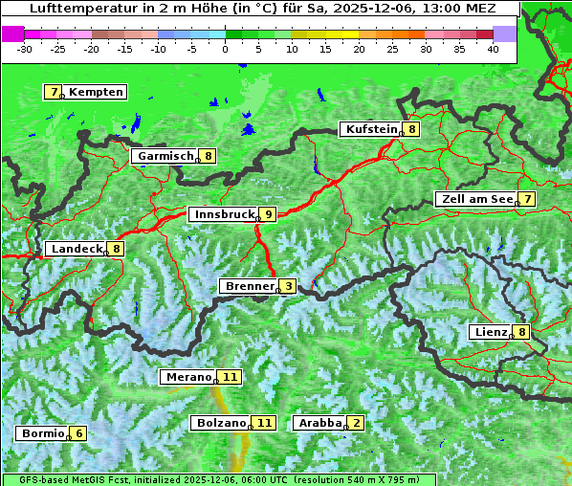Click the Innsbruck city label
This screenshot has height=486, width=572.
tap(222, 214)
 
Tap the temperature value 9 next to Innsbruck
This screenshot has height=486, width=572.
tap(269, 214)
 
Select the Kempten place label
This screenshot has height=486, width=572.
tap(97, 92)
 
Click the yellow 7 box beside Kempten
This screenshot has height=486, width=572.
tap(53, 92)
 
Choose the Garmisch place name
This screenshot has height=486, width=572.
tap(164, 156)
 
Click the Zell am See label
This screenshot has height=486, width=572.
tap(474, 199)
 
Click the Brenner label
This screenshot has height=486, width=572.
tap(249, 286)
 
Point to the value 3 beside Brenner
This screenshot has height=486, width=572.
tap(288, 286)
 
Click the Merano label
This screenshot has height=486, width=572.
tap(187, 377)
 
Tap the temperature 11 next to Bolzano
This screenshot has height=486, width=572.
tap(265, 422)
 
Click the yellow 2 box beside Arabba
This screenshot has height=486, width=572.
tap(356, 422)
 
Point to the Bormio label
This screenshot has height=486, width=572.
tap(41, 433)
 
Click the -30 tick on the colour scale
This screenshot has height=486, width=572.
tap(25, 49)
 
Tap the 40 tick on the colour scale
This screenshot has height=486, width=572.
tap(493, 49)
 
